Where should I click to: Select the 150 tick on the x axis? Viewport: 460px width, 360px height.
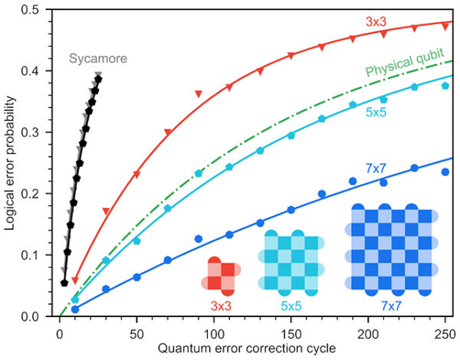291,330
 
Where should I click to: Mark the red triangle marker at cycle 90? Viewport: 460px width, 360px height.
199,94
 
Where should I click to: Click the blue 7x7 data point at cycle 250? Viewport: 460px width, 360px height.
445,172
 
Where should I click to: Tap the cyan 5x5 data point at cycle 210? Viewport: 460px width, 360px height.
383,100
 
